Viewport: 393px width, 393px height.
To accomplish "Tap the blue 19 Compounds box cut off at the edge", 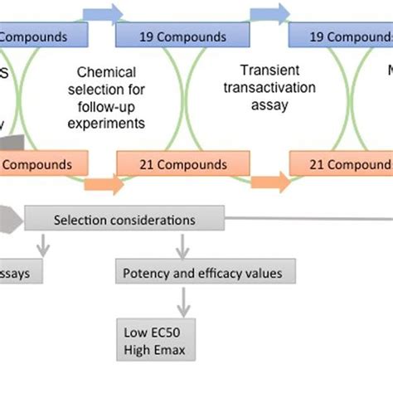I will [341, 37].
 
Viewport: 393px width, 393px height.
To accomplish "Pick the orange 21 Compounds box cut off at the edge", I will [341, 165].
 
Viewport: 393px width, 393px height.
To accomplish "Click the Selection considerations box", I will [124, 220].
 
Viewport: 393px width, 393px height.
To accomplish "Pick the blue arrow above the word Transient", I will [268, 14].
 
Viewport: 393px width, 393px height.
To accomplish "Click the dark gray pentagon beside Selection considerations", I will [10, 220].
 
